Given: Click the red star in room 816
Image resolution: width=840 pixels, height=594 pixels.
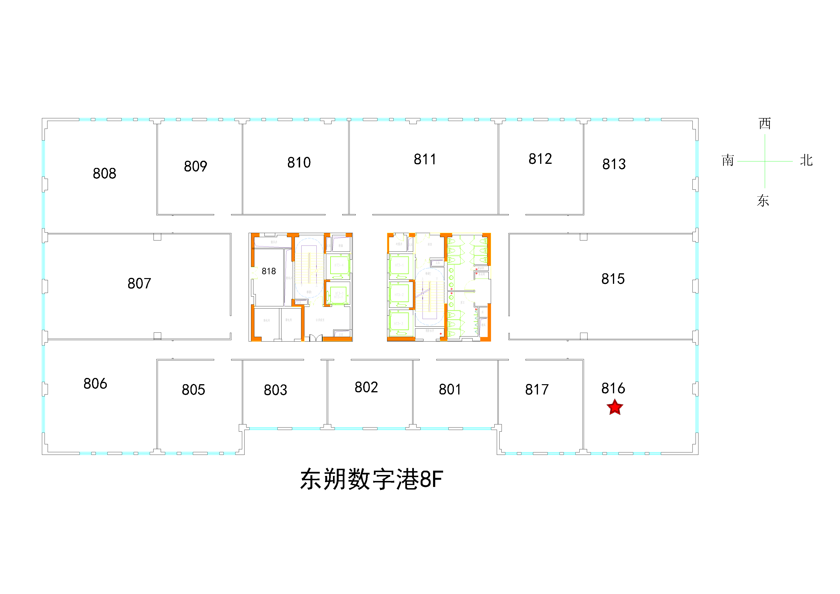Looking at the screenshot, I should click(615, 407).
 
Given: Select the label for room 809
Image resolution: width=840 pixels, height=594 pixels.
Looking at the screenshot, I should click(195, 166).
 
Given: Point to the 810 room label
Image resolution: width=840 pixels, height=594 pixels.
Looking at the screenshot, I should click(299, 162).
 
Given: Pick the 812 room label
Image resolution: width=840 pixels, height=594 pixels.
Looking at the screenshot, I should click(540, 159).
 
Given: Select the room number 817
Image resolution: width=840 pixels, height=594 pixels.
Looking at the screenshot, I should click(537, 389).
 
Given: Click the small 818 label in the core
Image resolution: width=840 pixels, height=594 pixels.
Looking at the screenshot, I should click(269, 271).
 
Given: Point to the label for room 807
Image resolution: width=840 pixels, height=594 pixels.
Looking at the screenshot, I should click(139, 283).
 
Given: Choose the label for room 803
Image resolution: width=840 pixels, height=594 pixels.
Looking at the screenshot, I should click(275, 390).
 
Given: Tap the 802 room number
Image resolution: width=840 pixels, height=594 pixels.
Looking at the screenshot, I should click(366, 387).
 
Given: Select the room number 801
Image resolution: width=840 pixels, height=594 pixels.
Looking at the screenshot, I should click(450, 389).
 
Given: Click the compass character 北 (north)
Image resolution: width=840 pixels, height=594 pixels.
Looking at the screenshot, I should click(806, 160).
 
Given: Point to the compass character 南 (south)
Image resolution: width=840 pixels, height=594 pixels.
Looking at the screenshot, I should click(728, 160).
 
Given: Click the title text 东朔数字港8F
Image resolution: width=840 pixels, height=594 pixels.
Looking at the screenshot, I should click(371, 479).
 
